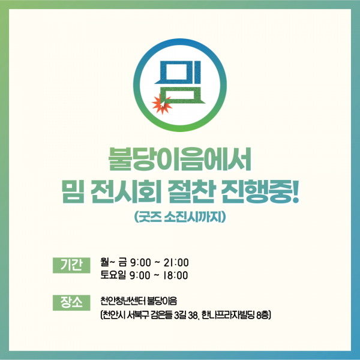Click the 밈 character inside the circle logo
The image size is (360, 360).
coord(180,85)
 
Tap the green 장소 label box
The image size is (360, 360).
coord(72,301)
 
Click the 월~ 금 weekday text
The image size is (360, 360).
coord(114,262)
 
